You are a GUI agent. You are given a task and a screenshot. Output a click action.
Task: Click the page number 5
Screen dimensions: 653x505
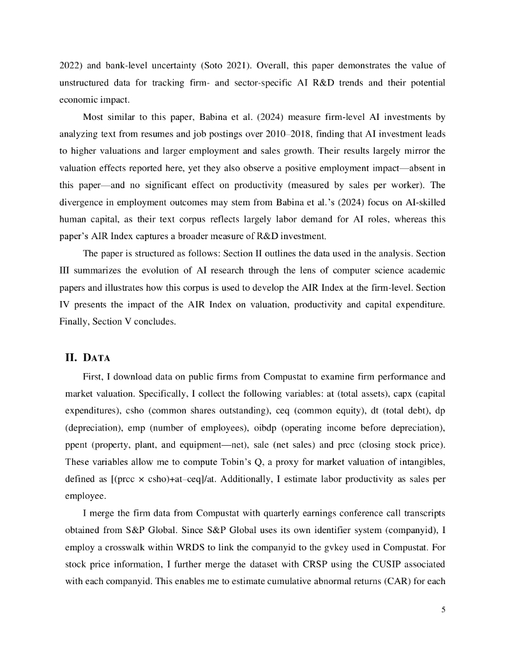point(443,609)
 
